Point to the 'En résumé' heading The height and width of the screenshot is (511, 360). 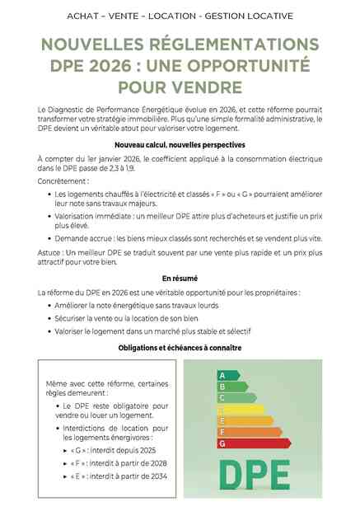(x=180, y=279)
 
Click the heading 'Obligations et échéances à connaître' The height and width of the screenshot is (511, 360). (x=180, y=348)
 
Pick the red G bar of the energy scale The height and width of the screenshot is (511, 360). (x=252, y=443)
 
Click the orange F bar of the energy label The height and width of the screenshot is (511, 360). (x=248, y=431)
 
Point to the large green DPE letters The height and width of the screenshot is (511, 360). (x=254, y=474)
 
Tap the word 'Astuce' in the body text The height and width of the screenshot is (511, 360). (x=49, y=251)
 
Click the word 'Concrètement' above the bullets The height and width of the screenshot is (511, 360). (x=60, y=179)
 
